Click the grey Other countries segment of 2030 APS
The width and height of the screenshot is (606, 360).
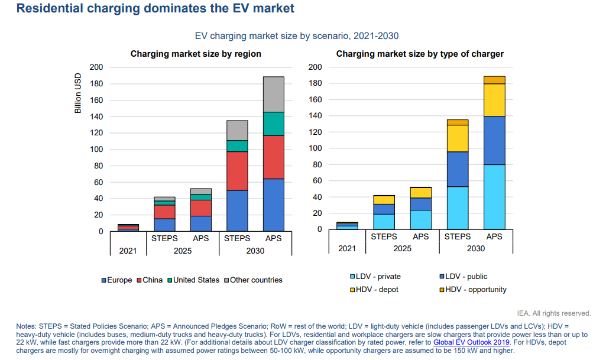273,94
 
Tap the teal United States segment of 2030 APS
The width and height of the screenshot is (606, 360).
273,124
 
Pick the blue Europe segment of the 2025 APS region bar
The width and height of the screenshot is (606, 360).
201,223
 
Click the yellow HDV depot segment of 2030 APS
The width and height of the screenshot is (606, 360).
494,100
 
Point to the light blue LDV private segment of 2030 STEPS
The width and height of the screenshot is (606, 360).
457,207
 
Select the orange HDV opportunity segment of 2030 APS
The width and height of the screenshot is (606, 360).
494,80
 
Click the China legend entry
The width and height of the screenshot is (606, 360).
153,280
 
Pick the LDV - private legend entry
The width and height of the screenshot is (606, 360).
379,276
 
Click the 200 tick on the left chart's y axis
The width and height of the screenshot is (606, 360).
95,67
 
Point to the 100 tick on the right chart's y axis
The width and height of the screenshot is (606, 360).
315,148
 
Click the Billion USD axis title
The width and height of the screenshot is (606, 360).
78,94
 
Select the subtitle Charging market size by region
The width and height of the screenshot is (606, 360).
196,54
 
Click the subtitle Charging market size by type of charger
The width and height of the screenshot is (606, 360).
420,54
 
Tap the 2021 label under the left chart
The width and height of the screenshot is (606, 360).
128,251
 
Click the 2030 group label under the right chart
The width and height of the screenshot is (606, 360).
475,248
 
